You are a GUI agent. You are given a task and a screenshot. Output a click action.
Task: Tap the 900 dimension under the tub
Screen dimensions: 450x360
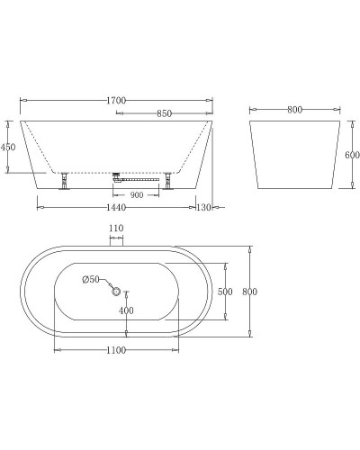pos(138,193)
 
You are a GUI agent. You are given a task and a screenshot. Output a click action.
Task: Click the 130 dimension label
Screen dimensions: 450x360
pos(204,208)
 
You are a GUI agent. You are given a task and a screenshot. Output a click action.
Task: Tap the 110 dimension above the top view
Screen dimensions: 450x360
pos(115,229)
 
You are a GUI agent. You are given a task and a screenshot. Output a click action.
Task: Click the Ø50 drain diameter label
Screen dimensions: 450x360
pos(91,280)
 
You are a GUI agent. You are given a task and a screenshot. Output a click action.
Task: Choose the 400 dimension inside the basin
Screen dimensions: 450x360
pos(126,311)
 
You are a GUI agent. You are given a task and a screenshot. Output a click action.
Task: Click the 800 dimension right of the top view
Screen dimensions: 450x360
pos(261,292)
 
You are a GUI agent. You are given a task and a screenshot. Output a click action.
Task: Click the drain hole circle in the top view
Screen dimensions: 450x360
pos(114,290)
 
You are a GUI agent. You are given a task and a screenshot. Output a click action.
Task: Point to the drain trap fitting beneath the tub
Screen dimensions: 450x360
pos(117,177)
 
